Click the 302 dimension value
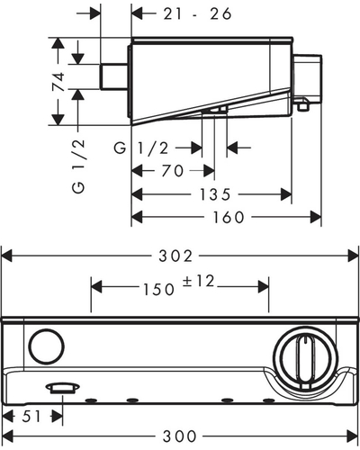pyautogui.click(x=175, y=256)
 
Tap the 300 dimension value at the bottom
pyautogui.click(x=179, y=436)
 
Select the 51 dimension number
pyautogui.click(x=31, y=417)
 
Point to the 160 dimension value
pyautogui.click(x=229, y=217)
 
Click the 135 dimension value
pyautogui.click(x=215, y=194)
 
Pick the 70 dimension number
pyautogui.click(x=172, y=171)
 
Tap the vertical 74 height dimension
pyautogui.click(x=58, y=81)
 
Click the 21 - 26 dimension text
pyautogui.click(x=197, y=13)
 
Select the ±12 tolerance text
pyautogui.click(x=198, y=282)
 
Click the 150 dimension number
pyautogui.click(x=158, y=290)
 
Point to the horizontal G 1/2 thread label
pyautogui.click(x=141, y=148)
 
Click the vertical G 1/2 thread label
pyautogui.click(x=78, y=166)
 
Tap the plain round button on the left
pyautogui.click(x=47, y=346)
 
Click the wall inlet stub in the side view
pyautogui.click(x=114, y=76)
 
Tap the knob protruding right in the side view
pyautogui.click(x=307, y=79)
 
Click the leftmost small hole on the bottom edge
pyautogui.click(x=91, y=400)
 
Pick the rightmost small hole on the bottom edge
pyautogui.click(x=268, y=400)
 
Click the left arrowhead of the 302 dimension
pyautogui.click(x=7, y=256)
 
